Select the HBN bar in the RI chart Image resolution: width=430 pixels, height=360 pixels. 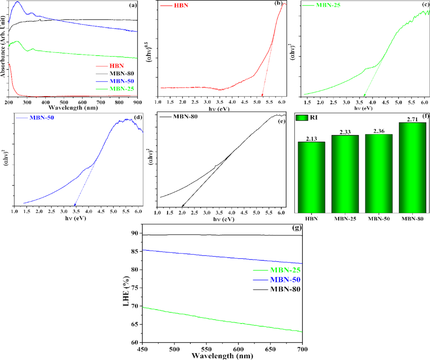click(311, 176)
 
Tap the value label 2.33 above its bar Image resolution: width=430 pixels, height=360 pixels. click(345, 132)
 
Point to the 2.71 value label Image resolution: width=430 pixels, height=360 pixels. click(412, 119)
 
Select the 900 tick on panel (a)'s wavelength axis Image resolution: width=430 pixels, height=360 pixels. click(137, 102)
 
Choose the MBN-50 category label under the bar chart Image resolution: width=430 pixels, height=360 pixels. click(378, 219)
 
